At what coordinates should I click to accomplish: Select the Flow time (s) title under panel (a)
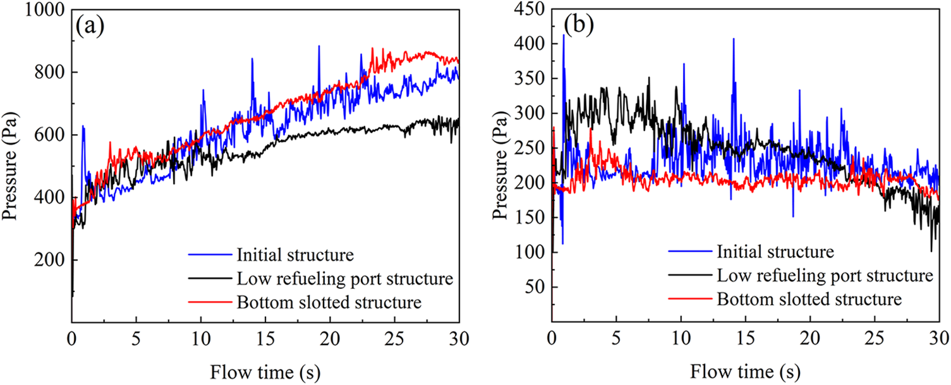(x=265, y=368)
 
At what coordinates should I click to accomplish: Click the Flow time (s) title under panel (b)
(x=746, y=368)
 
